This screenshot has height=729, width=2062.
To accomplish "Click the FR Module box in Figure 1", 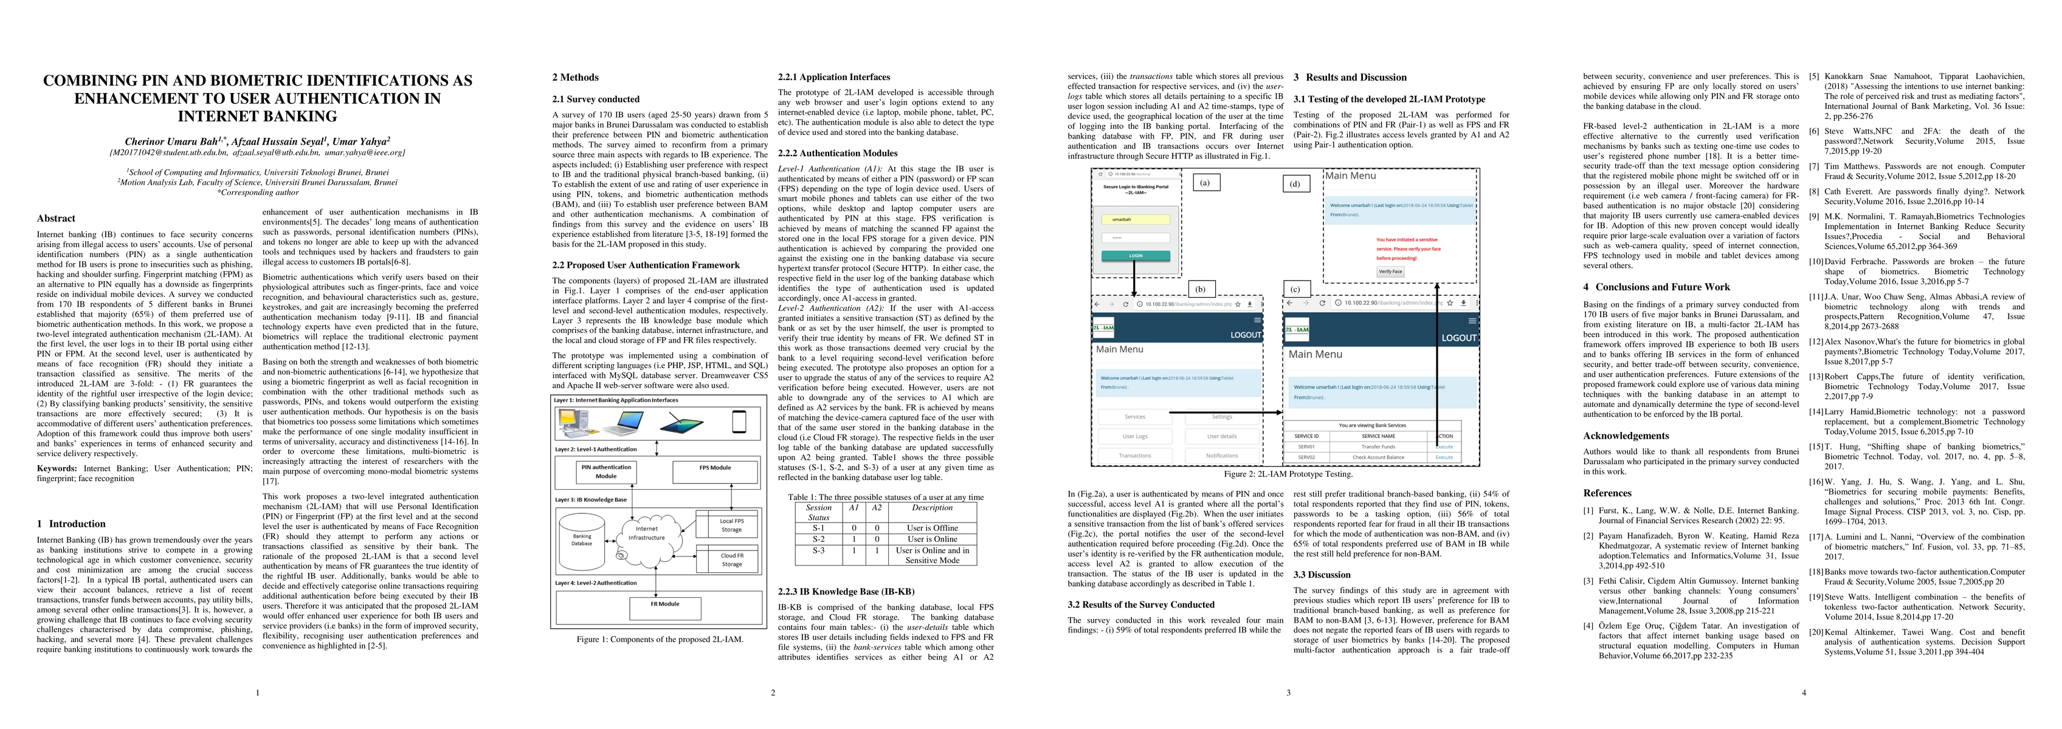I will (664, 605).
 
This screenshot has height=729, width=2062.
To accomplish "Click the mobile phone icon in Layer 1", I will (738, 421).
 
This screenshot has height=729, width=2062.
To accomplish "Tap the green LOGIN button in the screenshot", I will (1135, 256).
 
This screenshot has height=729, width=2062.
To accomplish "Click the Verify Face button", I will (1390, 272).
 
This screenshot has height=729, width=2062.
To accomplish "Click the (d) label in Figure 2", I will (1295, 184).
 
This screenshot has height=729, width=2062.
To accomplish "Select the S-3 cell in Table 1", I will (818, 550).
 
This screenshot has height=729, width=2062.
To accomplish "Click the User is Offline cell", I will (932, 528).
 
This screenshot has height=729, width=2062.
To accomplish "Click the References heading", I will (1607, 493).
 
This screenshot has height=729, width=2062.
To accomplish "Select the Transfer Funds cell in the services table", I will (1378, 447).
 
